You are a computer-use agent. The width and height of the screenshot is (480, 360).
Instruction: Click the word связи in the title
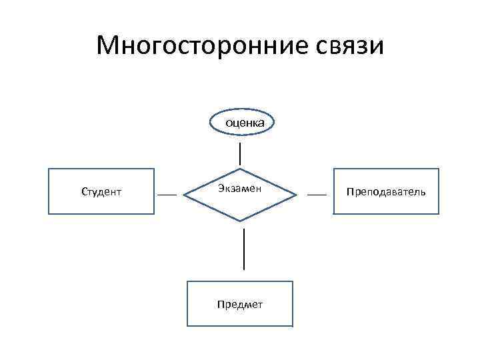coord(347,46)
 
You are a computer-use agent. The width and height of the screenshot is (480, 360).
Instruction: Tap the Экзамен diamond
coord(240,203)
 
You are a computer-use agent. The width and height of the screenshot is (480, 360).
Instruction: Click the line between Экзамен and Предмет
coord(244,249)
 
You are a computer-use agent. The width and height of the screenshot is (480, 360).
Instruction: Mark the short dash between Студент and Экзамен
coord(167,194)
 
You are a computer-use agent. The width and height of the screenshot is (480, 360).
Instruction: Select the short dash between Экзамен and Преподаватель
coord(317,194)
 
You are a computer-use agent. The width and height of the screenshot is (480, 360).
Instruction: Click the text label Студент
coord(101,192)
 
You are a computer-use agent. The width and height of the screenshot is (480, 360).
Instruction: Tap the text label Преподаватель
coord(386,192)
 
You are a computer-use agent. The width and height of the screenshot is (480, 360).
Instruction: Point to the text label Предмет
coord(239,305)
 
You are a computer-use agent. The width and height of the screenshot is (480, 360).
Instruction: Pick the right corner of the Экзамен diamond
coord(296,194)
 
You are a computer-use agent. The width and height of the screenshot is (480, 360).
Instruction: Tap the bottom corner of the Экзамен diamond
coord(240,221)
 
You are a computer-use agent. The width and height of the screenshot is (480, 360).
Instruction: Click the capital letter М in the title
coord(107,46)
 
